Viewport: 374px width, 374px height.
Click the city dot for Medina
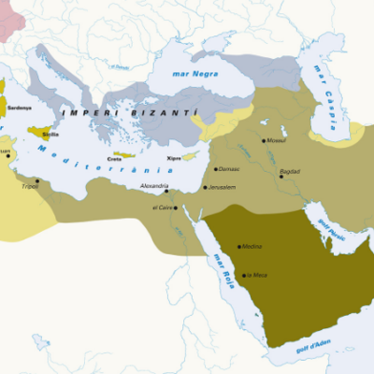[x=238, y=245]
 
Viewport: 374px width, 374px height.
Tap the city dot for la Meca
[x=241, y=274]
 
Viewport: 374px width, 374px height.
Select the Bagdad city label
[x=290, y=173]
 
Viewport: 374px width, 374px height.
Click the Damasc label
[x=229, y=169]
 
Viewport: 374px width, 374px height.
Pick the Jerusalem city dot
[x=205, y=188]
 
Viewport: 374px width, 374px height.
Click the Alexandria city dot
[x=165, y=192]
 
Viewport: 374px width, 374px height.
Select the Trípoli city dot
[x=36, y=180]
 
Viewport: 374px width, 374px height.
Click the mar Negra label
[x=194, y=73]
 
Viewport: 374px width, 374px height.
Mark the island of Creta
[x=124, y=154]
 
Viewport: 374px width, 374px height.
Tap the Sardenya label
[x=19, y=108]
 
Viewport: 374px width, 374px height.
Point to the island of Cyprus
[x=190, y=156]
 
